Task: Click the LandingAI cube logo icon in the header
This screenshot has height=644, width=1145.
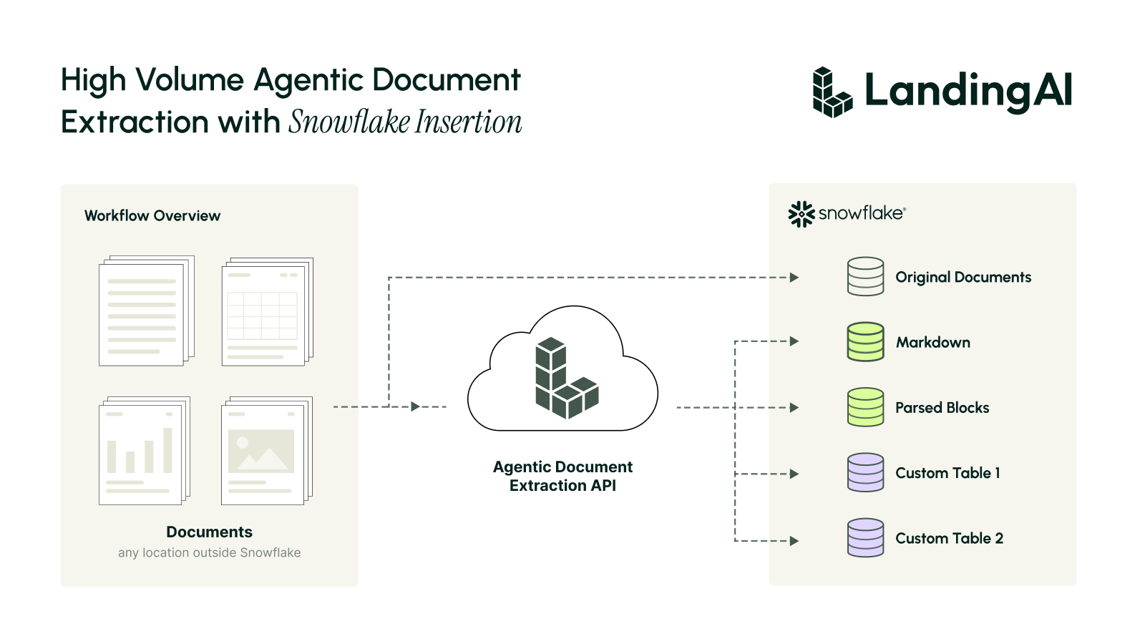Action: tap(832, 92)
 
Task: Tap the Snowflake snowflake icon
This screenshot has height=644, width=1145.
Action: tap(801, 214)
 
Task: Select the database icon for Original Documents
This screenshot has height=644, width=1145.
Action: tap(865, 276)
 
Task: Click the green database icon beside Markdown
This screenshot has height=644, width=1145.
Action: tap(865, 342)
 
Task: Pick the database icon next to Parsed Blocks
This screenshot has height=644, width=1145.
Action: tap(865, 407)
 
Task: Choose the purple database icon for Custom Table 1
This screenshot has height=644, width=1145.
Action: tap(865, 473)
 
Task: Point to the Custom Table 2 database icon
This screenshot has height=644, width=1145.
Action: tap(865, 538)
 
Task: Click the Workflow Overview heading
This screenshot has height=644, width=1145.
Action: tap(152, 215)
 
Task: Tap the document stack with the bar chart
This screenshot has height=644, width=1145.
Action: tap(145, 451)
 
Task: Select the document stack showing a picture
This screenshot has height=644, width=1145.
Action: tap(267, 451)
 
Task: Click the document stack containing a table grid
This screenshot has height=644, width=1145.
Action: tap(268, 312)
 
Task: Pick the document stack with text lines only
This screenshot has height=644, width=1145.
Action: tap(147, 311)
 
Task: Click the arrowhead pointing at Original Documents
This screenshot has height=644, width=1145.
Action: tap(794, 278)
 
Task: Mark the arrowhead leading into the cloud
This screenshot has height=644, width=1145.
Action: tap(416, 407)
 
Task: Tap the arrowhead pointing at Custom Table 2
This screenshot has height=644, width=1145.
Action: tap(794, 541)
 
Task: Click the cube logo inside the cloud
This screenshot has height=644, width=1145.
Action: tap(567, 379)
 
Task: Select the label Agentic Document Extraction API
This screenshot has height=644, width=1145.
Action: tap(562, 476)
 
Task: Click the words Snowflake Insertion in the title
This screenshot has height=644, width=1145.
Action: tap(405, 122)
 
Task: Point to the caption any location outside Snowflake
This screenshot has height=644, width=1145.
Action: tap(209, 552)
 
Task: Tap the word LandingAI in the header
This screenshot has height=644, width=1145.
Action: tap(968, 91)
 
